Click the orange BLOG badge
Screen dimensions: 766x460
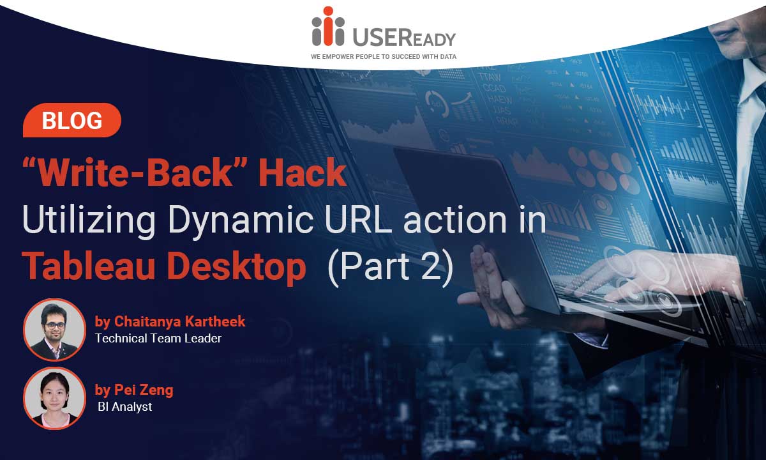tap(72, 120)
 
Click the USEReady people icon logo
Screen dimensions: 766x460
tap(328, 26)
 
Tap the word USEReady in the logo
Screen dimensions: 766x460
tap(404, 37)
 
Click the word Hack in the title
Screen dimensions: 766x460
tap(303, 172)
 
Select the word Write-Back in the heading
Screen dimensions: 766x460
tap(135, 172)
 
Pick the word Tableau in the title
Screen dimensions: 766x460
tap(89, 266)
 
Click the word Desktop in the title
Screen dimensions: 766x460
tap(237, 267)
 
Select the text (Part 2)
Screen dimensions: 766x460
tap(391, 267)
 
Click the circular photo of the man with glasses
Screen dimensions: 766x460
tap(55, 330)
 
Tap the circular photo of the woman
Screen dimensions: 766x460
tap(55, 398)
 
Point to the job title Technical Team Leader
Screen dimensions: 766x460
tap(158, 339)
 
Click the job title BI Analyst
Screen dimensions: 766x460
tap(125, 407)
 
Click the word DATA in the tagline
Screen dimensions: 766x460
tap(448, 56)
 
